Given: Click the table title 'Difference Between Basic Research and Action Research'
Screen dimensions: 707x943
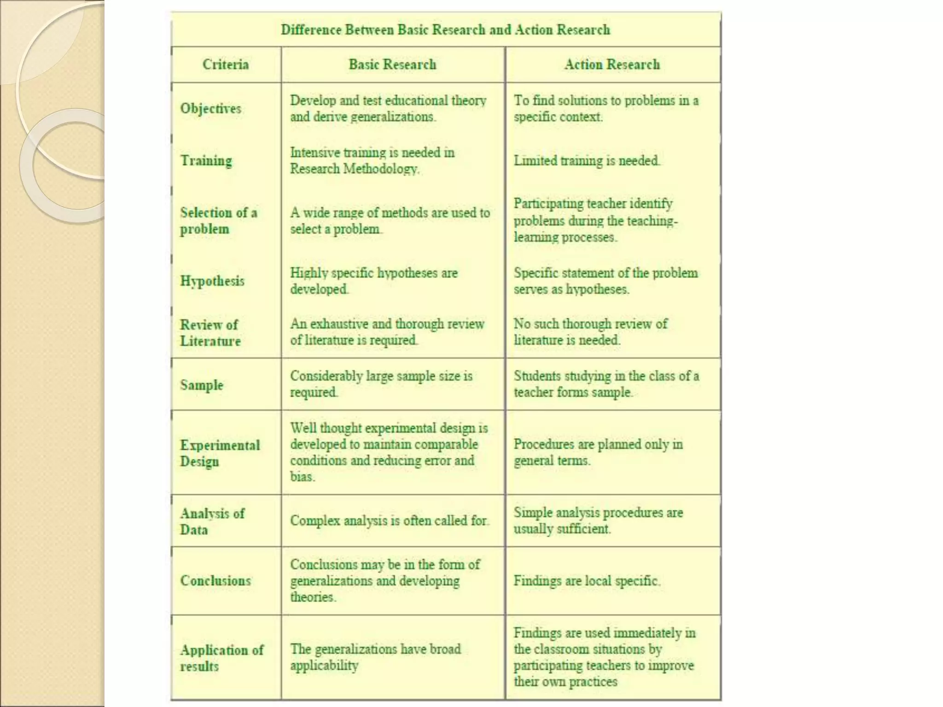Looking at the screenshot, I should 445,30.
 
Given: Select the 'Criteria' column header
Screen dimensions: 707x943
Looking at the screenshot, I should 226,64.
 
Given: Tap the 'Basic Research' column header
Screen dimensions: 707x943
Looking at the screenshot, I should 392,64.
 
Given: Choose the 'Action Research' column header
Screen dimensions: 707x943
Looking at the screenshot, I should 612,64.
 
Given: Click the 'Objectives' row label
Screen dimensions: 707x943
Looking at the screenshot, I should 210,109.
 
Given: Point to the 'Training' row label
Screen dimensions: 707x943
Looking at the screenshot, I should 206,161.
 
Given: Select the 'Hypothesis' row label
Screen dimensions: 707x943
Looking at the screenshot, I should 212,281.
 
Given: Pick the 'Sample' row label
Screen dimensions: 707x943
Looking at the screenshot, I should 201,385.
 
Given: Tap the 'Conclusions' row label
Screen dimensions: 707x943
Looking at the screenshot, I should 215,580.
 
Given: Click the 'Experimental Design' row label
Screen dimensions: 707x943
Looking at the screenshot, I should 220,453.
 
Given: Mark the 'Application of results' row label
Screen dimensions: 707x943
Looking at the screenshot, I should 221,658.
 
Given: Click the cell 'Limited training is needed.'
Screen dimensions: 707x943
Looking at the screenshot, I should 587,161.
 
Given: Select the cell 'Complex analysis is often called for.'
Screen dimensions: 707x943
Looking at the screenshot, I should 389,521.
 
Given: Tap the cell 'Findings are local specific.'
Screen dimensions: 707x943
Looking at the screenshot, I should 587,580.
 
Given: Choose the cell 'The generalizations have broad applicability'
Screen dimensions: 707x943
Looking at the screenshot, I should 375,657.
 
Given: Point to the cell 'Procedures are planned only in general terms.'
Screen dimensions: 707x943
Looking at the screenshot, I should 598,452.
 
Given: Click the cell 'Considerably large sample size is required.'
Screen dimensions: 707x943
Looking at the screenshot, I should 381,384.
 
